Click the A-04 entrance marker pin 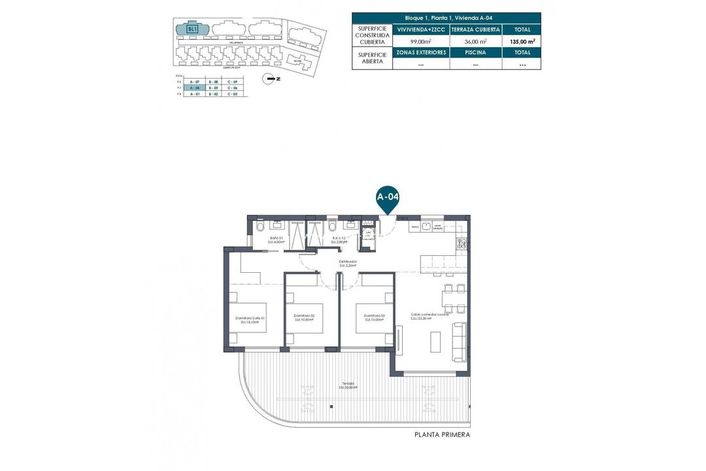388,197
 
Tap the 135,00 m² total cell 522,41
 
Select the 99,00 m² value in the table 420,41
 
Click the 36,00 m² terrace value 476,41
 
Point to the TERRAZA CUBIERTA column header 476,29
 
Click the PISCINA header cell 476,52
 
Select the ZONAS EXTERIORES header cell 420,52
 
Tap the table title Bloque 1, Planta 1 446,18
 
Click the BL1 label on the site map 192,29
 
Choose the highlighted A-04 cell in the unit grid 192,88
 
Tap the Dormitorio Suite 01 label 248,321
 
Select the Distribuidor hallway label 347,264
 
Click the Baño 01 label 276,239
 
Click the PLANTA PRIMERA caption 442,434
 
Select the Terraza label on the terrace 347,385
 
